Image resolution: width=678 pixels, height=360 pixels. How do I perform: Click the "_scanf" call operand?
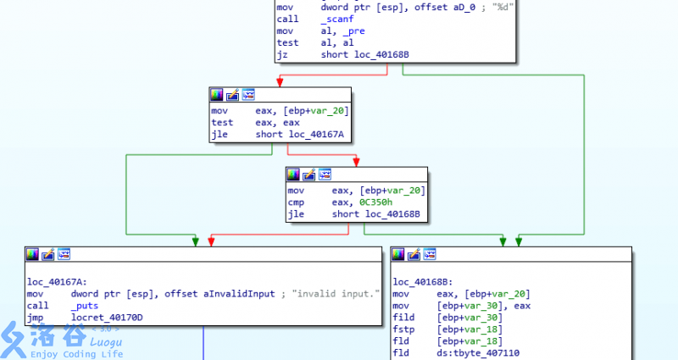(336, 18)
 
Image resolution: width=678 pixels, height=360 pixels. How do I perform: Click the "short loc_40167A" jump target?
(305, 135)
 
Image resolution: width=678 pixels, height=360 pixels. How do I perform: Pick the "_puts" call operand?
(85, 305)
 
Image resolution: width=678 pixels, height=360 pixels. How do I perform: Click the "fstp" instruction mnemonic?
(405, 329)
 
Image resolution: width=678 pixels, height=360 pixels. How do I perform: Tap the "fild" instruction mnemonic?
(405, 317)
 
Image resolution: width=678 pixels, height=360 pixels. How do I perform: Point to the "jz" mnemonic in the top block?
(282, 55)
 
